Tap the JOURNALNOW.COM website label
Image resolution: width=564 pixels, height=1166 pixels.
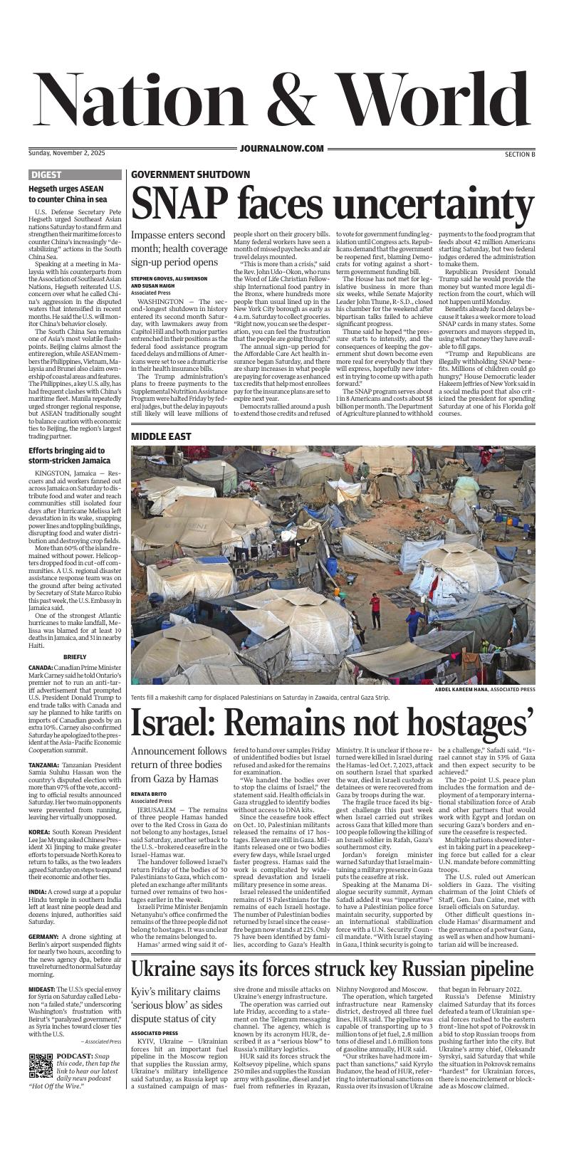click(x=282, y=148)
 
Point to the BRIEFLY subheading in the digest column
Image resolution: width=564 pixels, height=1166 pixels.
click(x=75, y=656)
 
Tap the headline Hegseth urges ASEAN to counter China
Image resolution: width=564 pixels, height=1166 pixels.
click(x=68, y=194)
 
